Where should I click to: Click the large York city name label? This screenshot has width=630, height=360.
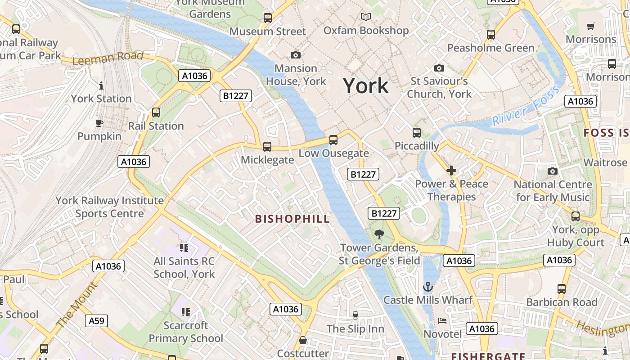(365, 85)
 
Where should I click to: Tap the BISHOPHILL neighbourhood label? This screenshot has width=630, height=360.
(292, 219)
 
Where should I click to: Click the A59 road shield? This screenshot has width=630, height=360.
(96, 321)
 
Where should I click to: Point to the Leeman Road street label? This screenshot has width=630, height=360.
(108, 58)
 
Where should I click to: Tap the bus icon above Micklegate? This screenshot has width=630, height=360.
(267, 146)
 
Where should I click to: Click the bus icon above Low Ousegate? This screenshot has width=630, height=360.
(333, 139)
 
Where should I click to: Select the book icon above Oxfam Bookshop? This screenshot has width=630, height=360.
(366, 17)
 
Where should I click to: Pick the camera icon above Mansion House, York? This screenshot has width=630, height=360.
(296, 55)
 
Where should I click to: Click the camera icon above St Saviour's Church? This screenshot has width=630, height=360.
(439, 68)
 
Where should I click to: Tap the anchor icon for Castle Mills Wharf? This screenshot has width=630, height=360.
(428, 287)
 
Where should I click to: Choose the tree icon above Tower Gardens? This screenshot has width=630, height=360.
(379, 234)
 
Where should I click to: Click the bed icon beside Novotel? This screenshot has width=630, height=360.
(442, 321)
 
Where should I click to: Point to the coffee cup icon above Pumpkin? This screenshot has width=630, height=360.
(99, 123)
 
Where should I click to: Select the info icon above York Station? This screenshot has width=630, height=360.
(101, 85)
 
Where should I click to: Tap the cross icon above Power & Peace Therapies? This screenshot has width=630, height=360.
(451, 171)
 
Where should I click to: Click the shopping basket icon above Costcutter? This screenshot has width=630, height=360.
(303, 340)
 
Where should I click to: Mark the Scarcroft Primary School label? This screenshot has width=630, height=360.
(186, 332)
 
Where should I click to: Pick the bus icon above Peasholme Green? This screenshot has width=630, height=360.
(491, 34)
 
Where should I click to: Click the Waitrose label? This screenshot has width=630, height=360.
(605, 162)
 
